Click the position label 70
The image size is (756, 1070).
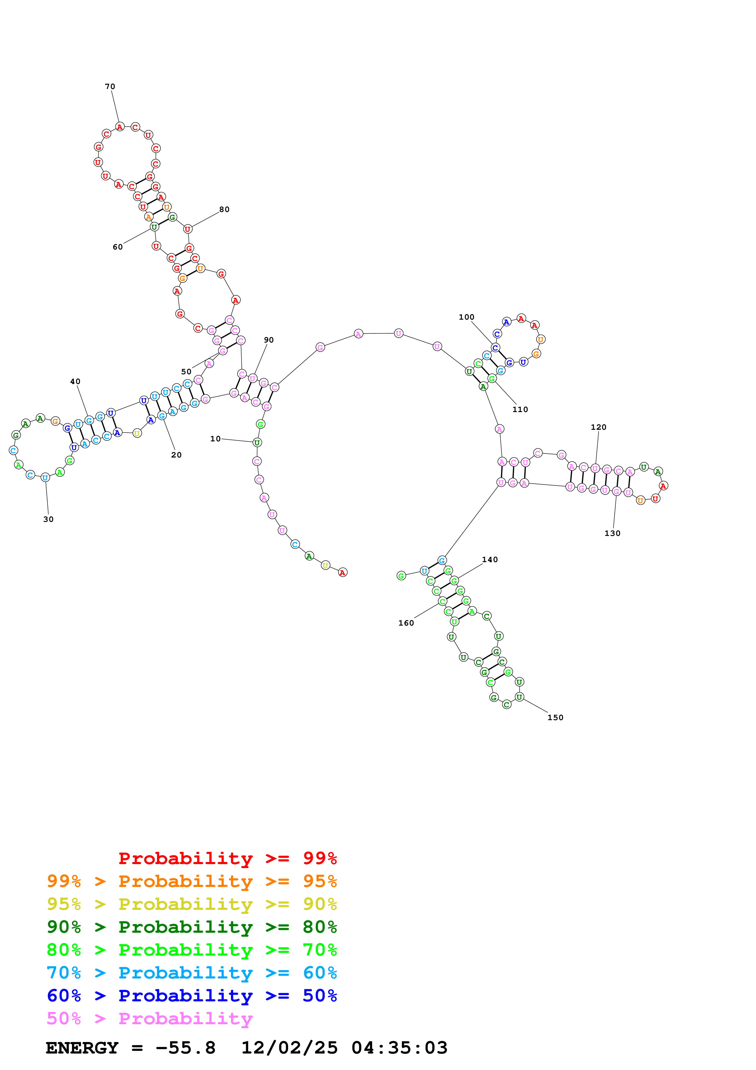[110, 87]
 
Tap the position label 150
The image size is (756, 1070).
[555, 718]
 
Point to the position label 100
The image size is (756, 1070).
[466, 317]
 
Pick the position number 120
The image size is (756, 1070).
[599, 427]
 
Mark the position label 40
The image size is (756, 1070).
[75, 382]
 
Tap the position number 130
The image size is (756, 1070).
[613, 533]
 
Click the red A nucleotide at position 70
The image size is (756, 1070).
[120, 127]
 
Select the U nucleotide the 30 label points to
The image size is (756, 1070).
[45, 477]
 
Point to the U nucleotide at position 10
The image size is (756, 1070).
[257, 442]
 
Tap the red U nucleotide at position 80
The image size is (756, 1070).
[187, 229]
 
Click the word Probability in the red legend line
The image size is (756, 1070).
[185, 858]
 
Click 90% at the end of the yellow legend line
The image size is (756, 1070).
[320, 904]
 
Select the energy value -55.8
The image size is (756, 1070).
[186, 1048]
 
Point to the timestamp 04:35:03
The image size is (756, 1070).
[399, 1048]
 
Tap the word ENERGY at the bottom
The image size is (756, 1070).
[82, 1048]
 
